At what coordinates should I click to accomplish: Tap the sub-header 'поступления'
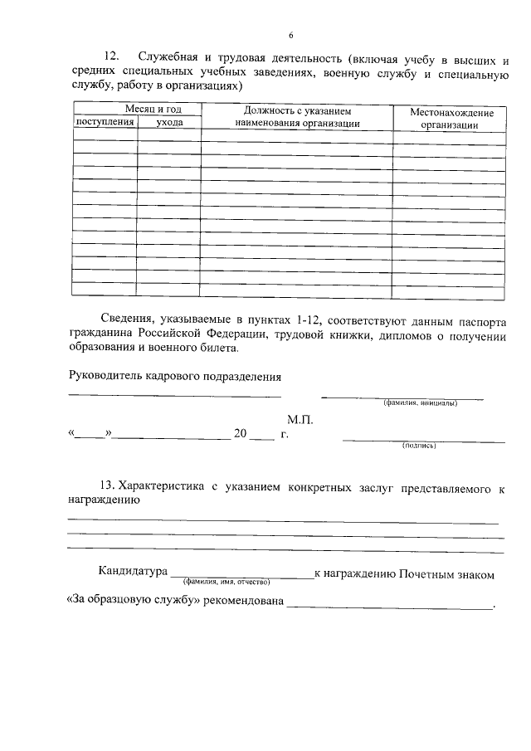[x=105, y=122]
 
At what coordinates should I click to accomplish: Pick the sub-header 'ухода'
[x=169, y=122]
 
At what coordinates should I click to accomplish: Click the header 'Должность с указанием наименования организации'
[x=297, y=116]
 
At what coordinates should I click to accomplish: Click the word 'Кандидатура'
[x=131, y=574]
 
